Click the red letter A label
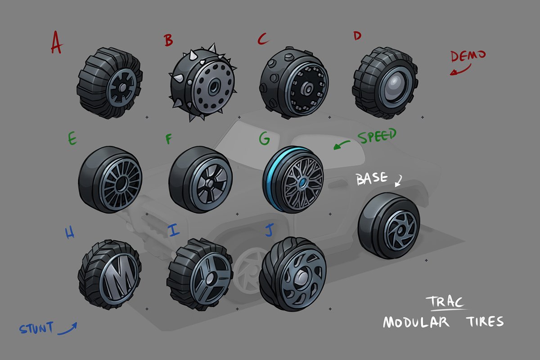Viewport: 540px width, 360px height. click(57, 43)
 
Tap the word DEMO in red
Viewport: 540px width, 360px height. click(468, 56)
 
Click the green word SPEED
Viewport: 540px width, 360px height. click(377, 136)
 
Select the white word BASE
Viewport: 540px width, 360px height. click(372, 179)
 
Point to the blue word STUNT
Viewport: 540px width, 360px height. click(36, 328)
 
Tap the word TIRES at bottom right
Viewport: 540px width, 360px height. click(485, 321)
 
